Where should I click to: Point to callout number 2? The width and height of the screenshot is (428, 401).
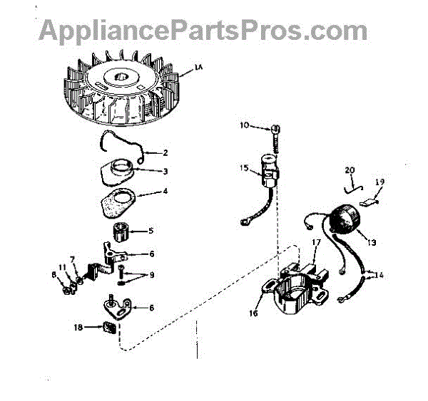(x=165, y=152)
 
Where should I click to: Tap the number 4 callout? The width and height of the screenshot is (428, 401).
(x=165, y=192)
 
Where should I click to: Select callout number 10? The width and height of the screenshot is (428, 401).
(x=244, y=126)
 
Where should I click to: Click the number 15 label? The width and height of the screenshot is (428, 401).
(x=244, y=168)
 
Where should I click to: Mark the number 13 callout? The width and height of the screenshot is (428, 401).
(x=372, y=242)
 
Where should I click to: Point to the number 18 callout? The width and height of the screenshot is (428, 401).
(x=88, y=327)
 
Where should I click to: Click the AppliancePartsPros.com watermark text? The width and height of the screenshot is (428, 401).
(x=203, y=30)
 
